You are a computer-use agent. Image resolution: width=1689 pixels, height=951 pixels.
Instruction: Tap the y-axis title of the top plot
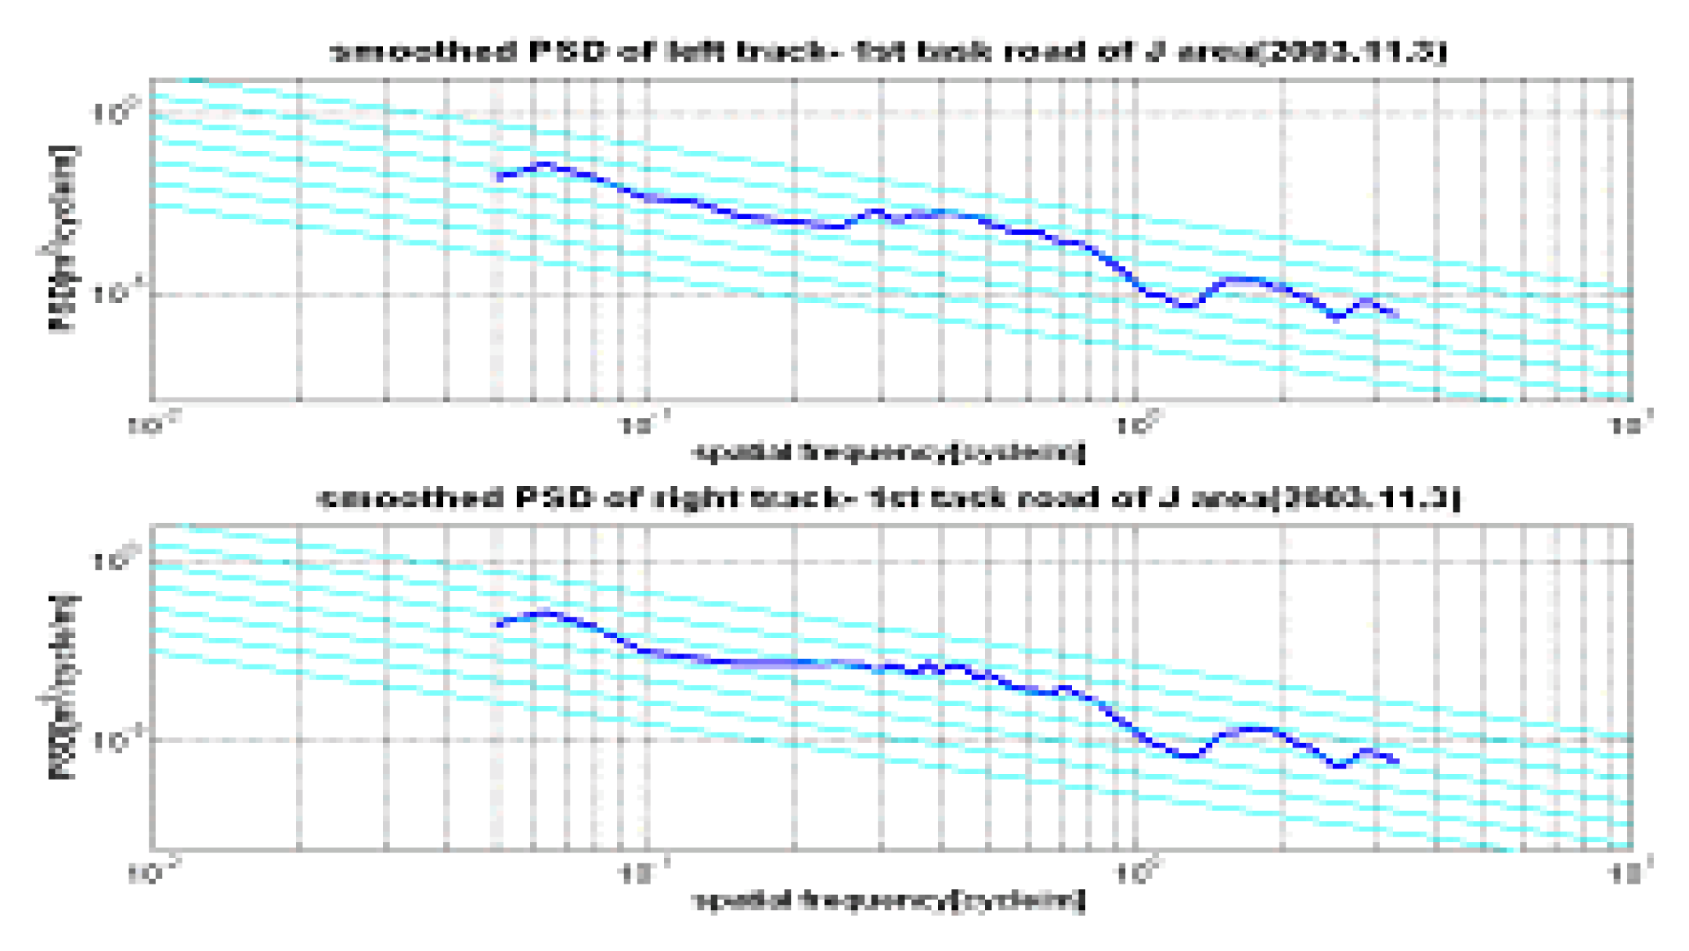click(x=63, y=239)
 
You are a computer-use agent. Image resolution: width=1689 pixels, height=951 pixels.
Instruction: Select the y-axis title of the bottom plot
click(x=63, y=687)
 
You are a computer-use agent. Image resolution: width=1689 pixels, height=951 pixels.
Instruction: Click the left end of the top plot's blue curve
click(x=500, y=177)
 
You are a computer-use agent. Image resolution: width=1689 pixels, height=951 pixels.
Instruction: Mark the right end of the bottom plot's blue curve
click(x=1397, y=761)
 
